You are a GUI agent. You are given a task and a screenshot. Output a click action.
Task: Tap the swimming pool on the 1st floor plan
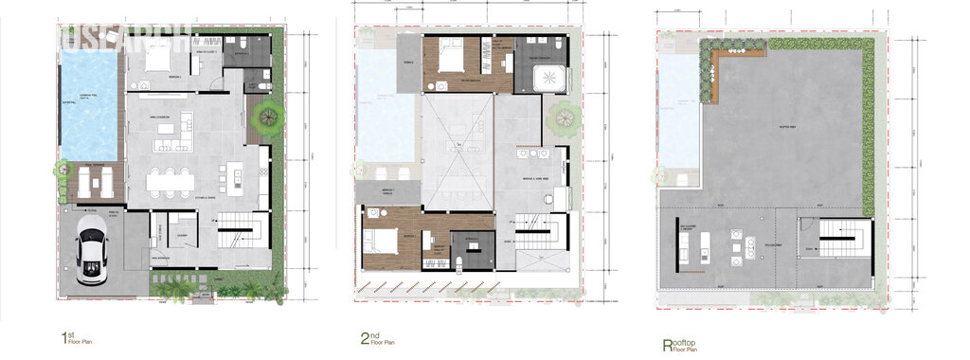click(90, 104)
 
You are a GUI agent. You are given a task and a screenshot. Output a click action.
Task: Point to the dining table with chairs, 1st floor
click(170, 178)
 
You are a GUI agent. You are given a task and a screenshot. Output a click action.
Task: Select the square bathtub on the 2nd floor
click(546, 77)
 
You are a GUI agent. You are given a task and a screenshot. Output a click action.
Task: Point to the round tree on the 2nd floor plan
click(562, 117)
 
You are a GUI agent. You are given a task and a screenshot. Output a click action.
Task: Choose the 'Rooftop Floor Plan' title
click(680, 343)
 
